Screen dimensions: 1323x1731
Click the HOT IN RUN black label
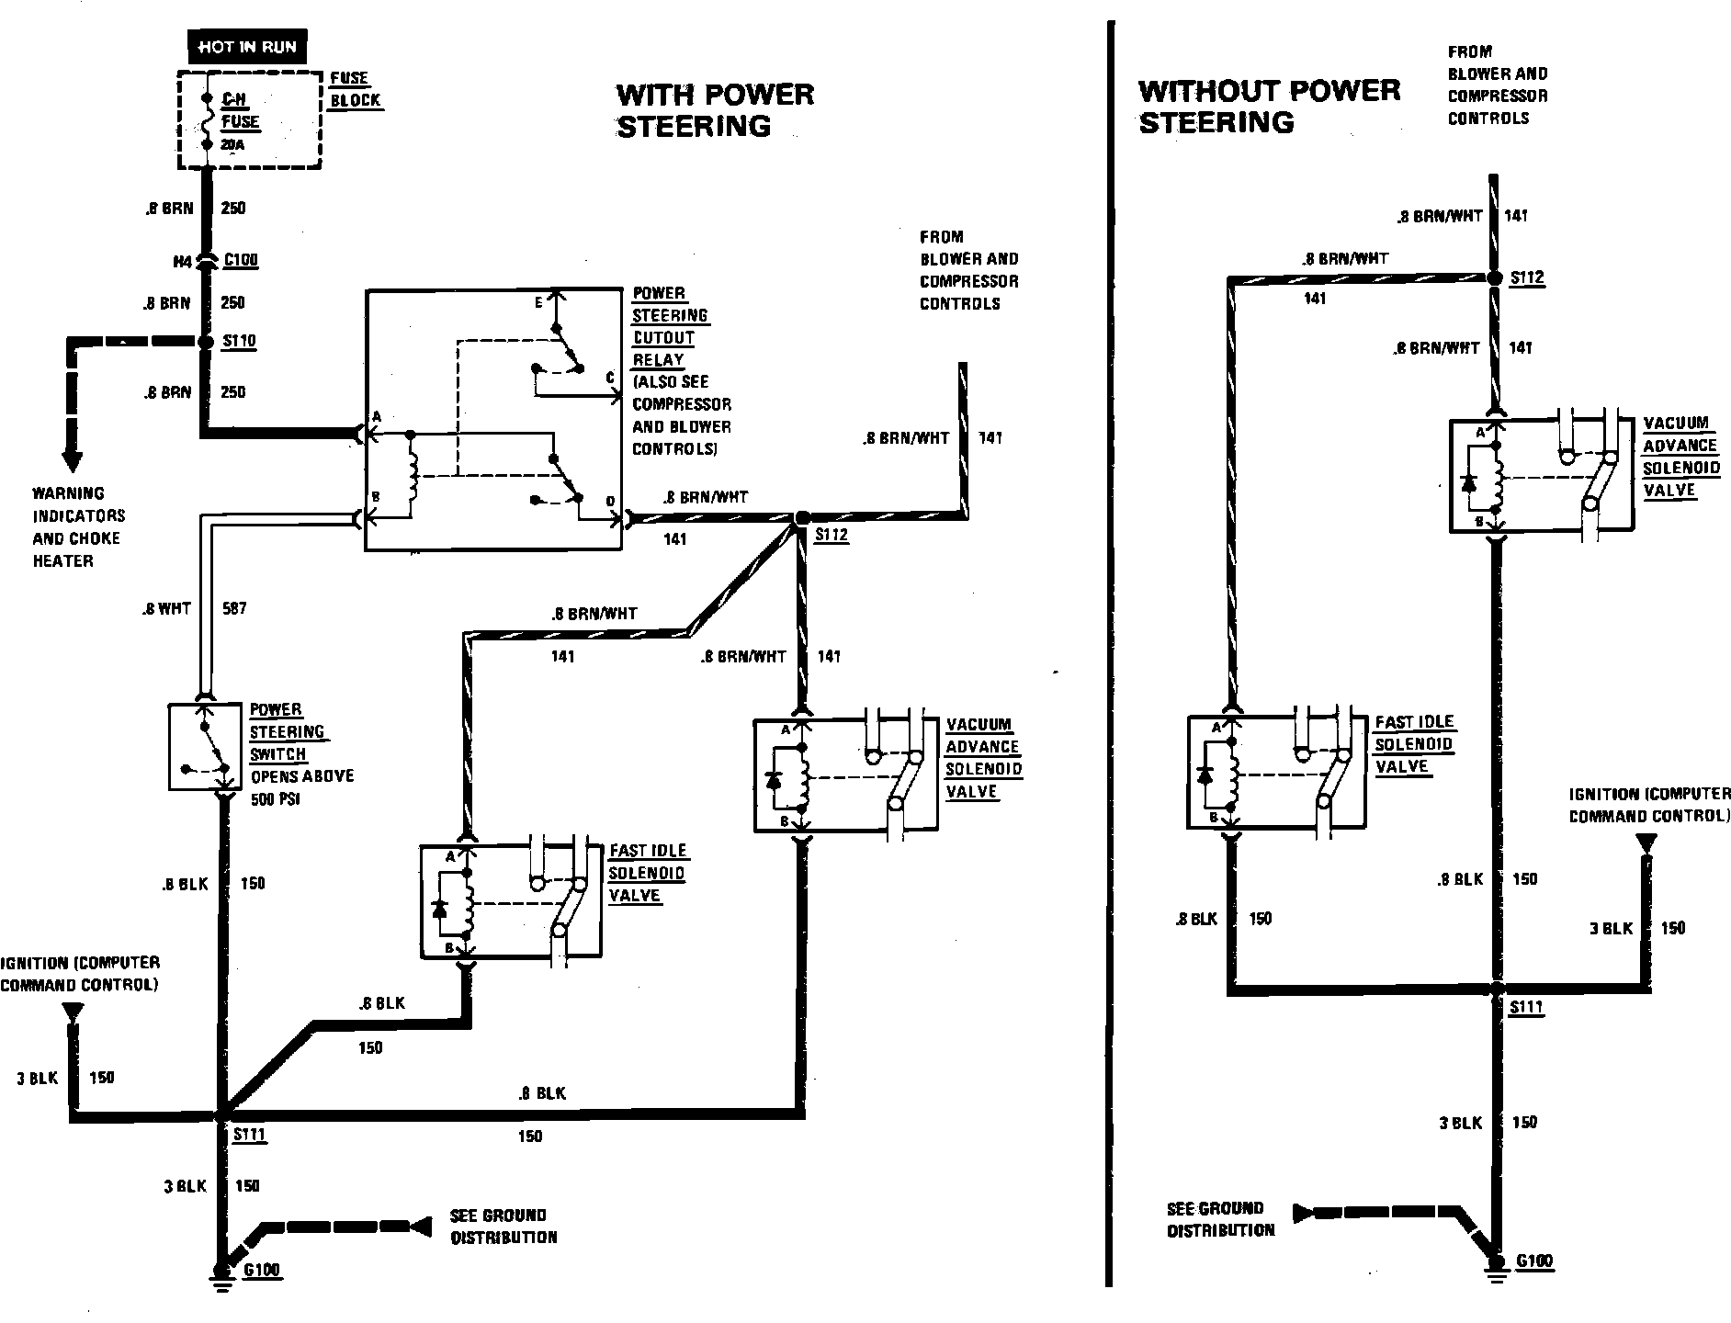246,47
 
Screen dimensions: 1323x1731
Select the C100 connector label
241,261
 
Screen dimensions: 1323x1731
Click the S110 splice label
240,342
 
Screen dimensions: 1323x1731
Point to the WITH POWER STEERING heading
714,109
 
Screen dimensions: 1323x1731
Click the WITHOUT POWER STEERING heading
1269,106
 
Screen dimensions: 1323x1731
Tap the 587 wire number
234,608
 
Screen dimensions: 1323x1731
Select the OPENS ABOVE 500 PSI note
302,787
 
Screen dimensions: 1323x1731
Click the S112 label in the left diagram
832,536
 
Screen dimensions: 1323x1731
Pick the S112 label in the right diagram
1527,277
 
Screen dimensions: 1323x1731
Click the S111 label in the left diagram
249,1135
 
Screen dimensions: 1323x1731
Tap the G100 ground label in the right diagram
1534,1261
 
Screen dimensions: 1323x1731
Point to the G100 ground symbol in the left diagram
221,1273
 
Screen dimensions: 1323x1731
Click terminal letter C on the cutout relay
609,378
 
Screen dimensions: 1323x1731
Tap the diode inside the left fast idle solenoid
439,909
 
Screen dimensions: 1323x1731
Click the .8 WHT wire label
166,608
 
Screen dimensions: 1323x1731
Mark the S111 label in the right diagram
1527,1008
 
